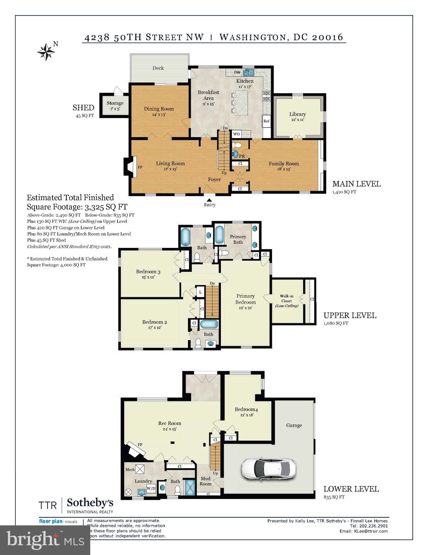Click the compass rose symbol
click(x=46, y=52)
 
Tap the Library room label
click(x=297, y=114)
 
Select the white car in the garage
click(x=267, y=468)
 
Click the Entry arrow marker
click(x=209, y=199)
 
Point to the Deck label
click(x=158, y=68)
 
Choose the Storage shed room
click(x=115, y=106)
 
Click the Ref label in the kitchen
click(x=266, y=121)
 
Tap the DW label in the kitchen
click(x=237, y=72)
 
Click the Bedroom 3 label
click(x=148, y=272)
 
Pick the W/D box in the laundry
click(x=151, y=488)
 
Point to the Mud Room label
click(x=205, y=481)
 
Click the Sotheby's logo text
click(x=90, y=503)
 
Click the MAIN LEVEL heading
click(x=356, y=184)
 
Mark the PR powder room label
click(x=242, y=156)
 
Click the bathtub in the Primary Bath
click(x=219, y=235)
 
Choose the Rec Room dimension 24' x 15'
click(x=170, y=429)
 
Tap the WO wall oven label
click(x=236, y=134)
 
